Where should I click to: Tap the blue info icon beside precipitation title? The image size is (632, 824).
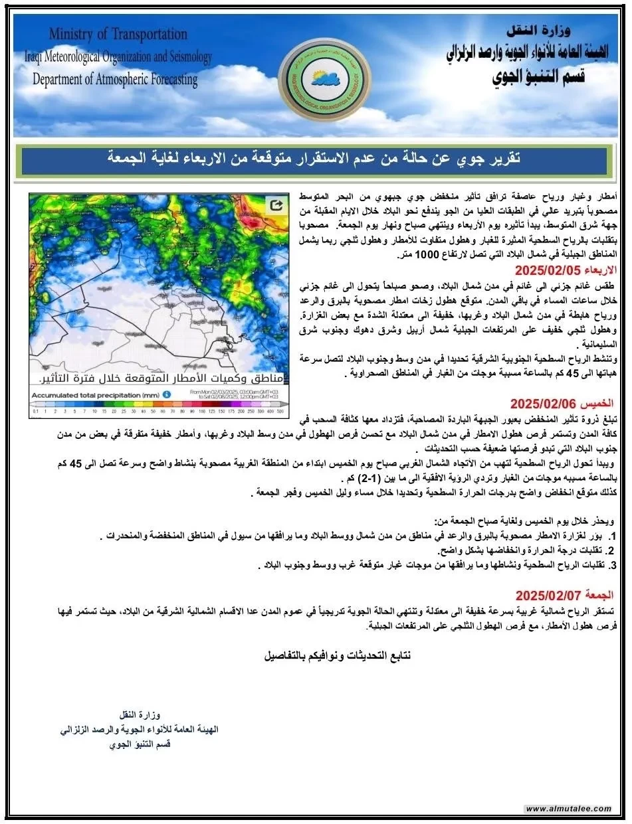coord(167,394)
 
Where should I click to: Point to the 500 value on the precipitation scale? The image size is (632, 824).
coord(282,412)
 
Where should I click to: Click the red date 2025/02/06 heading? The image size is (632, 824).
coord(567,402)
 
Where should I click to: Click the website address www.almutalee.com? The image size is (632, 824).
coord(568,809)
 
